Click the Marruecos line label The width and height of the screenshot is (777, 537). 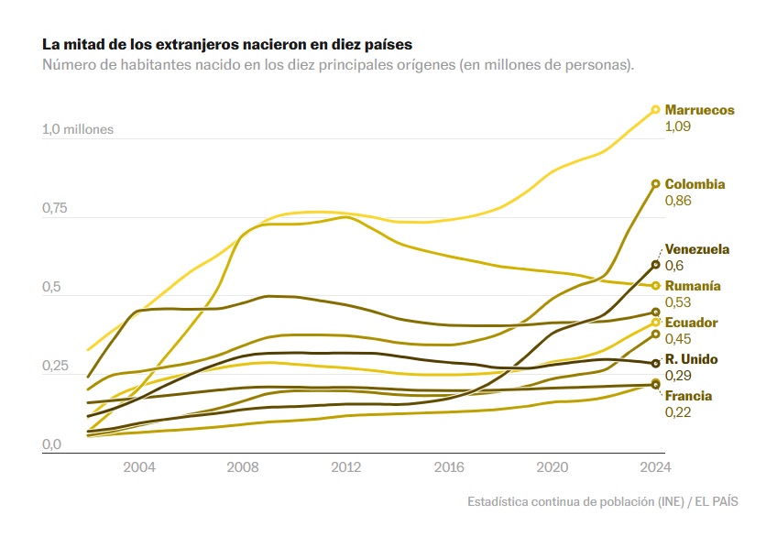[x=699, y=110]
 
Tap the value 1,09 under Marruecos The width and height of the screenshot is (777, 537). [x=677, y=126]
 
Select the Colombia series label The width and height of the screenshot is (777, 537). [x=695, y=184]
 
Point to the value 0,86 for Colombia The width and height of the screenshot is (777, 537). [x=677, y=200]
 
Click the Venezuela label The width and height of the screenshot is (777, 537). [x=697, y=249]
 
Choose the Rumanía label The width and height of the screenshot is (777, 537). [x=693, y=286]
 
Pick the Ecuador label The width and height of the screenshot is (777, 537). [x=691, y=323]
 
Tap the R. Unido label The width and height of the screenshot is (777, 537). [x=691, y=359]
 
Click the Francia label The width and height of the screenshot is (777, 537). [x=688, y=396]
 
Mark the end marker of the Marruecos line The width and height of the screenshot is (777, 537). [x=655, y=110]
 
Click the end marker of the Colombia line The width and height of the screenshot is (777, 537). [x=655, y=184]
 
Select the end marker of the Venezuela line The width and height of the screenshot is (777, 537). [x=655, y=265]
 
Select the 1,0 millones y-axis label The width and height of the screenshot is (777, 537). [x=77, y=129]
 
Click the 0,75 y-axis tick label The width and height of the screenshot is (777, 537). [x=56, y=209]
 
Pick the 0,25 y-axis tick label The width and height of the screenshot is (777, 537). [x=56, y=367]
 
